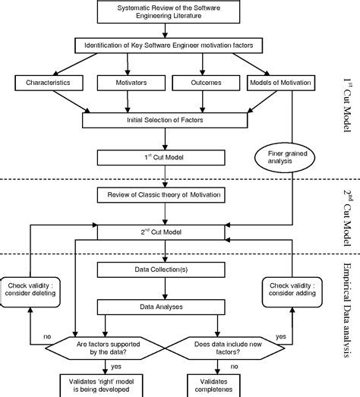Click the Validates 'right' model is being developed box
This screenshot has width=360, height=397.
click(92, 383)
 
